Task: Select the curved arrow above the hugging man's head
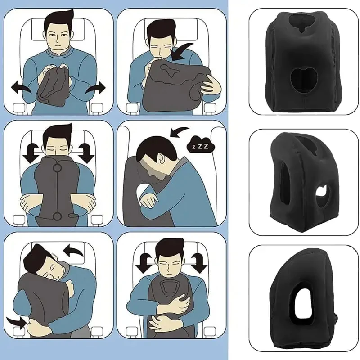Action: tap(74, 250)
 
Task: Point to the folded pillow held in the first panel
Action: tap(54, 88)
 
